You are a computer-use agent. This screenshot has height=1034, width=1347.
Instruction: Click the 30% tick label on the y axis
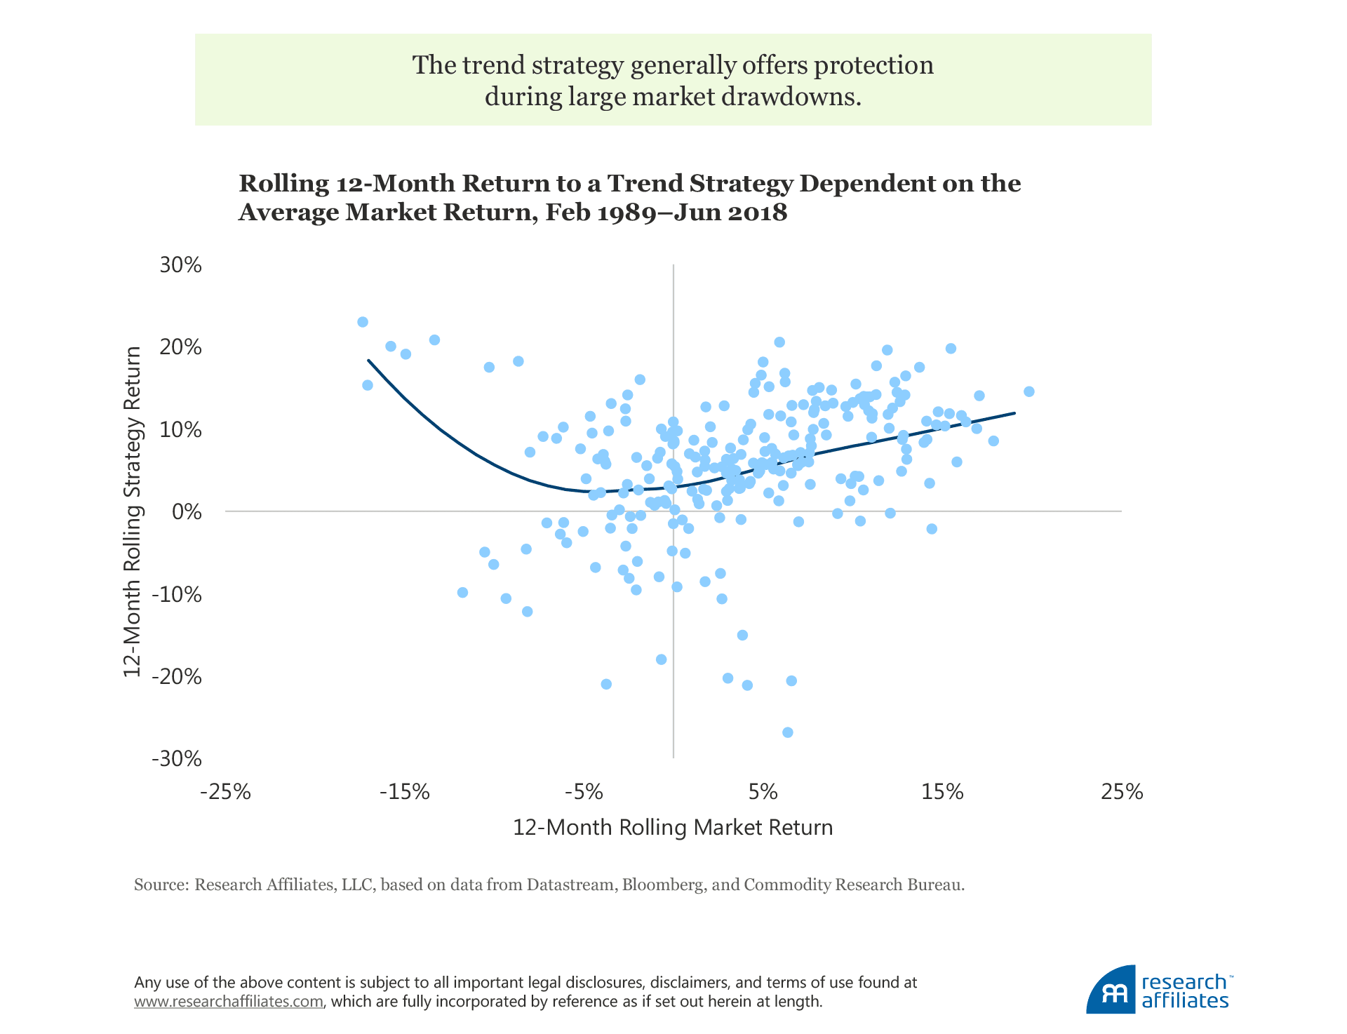[x=181, y=265]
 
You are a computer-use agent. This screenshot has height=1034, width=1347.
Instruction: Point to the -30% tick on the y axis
[x=176, y=758]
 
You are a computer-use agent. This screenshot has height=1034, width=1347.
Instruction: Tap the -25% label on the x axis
[x=225, y=792]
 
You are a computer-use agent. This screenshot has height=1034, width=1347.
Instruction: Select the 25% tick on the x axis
[x=1122, y=792]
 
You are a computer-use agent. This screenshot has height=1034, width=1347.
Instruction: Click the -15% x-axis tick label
[x=405, y=792]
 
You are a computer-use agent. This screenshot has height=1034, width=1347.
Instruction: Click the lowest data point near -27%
[x=787, y=732]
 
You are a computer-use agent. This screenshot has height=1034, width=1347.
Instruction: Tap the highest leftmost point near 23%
[x=363, y=322]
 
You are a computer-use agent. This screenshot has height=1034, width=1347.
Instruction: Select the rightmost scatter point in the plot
[x=1029, y=391]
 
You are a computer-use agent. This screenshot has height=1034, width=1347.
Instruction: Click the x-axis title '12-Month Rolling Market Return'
[x=673, y=828]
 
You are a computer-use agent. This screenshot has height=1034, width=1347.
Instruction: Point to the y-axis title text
[x=132, y=511]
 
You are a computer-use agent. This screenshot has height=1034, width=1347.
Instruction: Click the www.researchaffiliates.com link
[x=229, y=1002]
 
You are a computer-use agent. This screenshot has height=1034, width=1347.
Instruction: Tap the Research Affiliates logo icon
[x=1110, y=991]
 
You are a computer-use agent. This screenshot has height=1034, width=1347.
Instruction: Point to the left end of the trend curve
[x=368, y=360]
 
